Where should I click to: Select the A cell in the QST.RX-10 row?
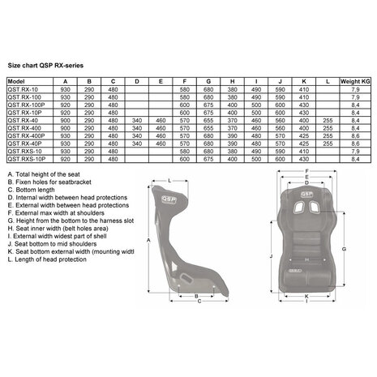pyautogui.click(x=66, y=89)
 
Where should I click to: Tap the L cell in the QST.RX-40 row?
pyautogui.click(x=326, y=120)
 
